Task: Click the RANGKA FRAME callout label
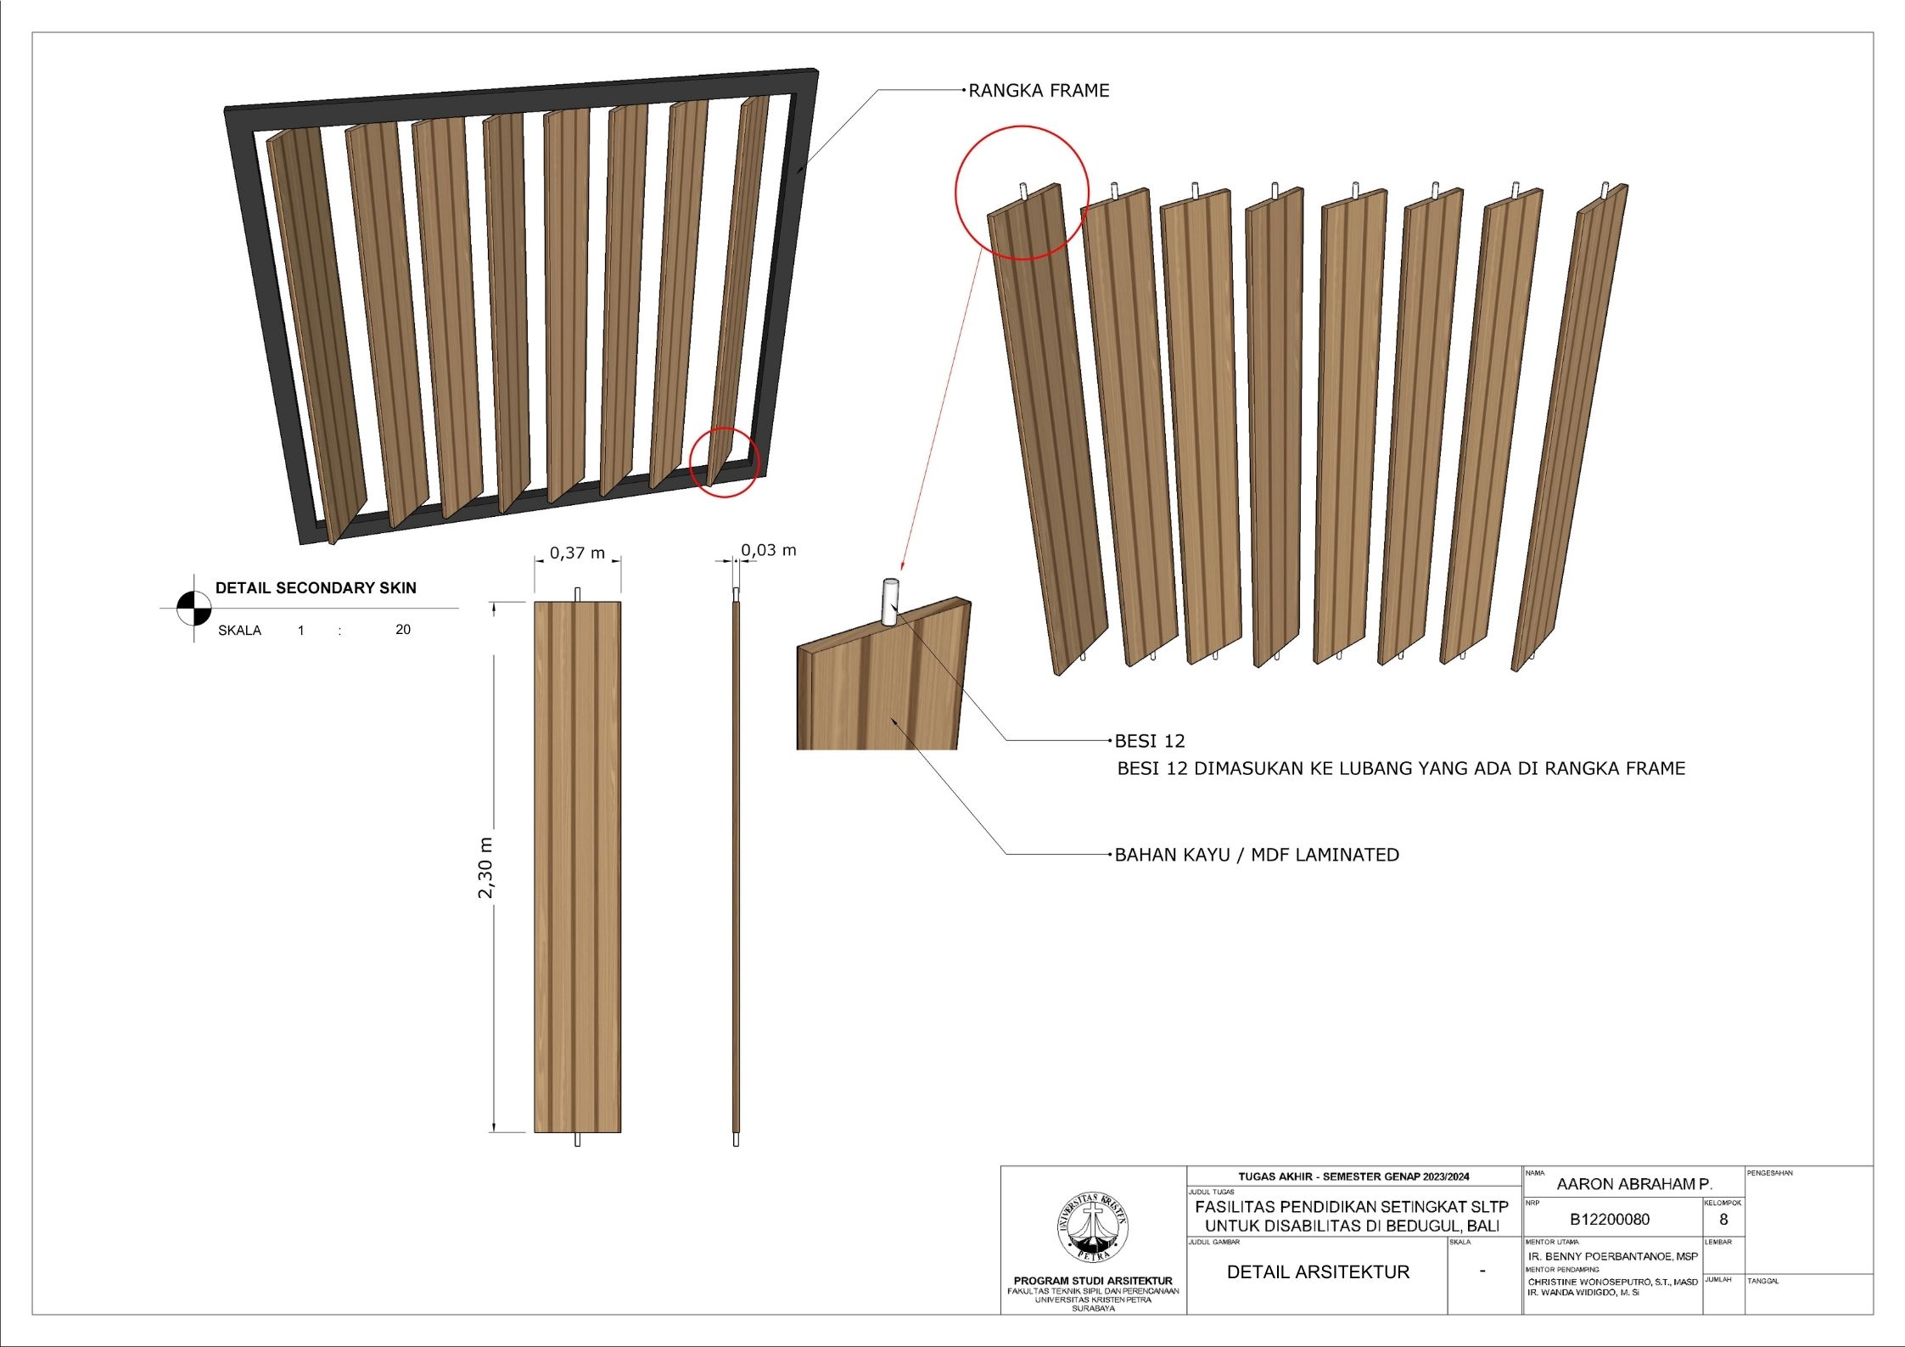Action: click(x=1039, y=91)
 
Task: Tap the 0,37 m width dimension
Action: click(x=577, y=553)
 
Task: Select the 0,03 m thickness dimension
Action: click(x=769, y=551)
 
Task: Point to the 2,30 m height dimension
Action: click(x=486, y=867)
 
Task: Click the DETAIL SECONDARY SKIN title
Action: click(x=316, y=588)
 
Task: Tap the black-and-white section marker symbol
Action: click(x=193, y=608)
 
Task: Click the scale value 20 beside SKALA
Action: click(x=403, y=630)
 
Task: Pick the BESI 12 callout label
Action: click(x=1149, y=742)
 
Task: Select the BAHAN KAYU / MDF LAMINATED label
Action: click(x=1257, y=856)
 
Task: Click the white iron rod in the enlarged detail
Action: click(x=890, y=602)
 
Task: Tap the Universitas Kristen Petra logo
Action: click(x=1093, y=1227)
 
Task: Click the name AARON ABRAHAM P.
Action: click(x=1634, y=1184)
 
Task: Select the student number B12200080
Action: click(x=1610, y=1220)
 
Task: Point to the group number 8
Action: click(x=1723, y=1220)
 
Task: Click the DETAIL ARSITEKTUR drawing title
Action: click(x=1318, y=1272)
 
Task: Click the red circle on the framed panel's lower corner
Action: click(x=724, y=463)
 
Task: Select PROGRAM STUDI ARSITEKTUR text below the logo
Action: click(x=1093, y=1281)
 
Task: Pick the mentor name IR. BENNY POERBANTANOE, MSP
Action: click(x=1613, y=1256)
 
